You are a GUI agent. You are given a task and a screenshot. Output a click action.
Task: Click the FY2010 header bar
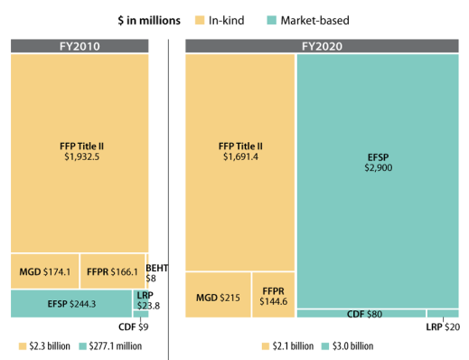[x=79, y=45]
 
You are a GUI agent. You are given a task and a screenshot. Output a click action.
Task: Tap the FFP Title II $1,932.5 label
[x=79, y=150]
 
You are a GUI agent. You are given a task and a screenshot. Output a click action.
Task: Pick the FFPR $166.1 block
[x=112, y=270]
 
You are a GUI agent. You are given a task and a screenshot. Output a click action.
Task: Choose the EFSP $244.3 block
[x=71, y=303]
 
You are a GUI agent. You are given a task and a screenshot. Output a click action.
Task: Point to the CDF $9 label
[x=134, y=326]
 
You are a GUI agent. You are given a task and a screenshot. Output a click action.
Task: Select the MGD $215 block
[x=218, y=296]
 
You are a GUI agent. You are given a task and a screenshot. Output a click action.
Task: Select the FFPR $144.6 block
[x=272, y=296]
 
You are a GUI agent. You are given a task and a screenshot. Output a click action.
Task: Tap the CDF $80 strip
[x=361, y=314]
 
